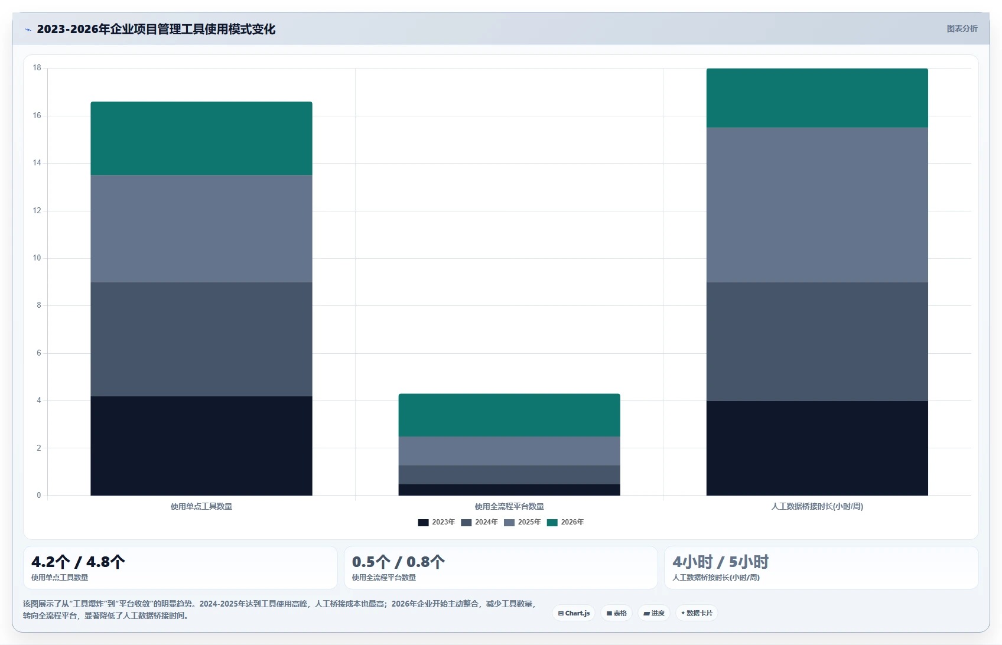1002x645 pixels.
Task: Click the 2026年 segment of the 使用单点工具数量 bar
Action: point(201,138)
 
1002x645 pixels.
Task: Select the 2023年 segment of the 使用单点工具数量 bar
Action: point(201,445)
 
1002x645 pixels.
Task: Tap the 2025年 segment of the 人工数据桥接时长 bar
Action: point(817,205)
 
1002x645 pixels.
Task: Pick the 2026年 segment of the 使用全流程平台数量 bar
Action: point(509,415)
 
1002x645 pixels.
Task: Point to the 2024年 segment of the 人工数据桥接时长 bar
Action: point(817,341)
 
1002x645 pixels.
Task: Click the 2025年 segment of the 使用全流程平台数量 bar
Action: point(509,451)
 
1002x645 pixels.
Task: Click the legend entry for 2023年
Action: point(436,522)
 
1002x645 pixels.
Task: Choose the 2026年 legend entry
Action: point(565,522)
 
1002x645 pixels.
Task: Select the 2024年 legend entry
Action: point(479,522)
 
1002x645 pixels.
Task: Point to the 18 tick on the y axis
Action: point(37,67)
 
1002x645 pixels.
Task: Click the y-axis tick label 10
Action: point(37,258)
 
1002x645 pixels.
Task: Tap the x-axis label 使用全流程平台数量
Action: point(509,506)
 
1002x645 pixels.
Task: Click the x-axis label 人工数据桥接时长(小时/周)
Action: point(817,506)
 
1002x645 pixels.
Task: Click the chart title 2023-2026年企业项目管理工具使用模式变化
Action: point(155,29)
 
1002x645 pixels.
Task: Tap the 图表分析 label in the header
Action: point(962,28)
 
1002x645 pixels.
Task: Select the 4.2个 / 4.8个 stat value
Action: point(78,561)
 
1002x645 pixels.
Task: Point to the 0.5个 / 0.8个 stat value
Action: point(398,561)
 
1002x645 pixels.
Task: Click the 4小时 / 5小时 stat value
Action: point(720,561)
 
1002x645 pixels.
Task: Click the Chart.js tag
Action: point(574,613)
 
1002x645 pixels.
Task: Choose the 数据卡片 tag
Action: point(697,613)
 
